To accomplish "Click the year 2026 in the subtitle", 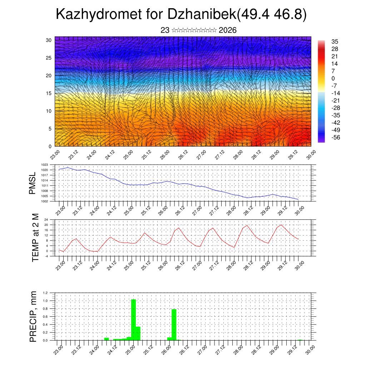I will [227, 30].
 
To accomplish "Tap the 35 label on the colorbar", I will [335, 42].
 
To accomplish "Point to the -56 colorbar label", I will [336, 137].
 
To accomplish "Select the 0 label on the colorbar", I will [333, 78].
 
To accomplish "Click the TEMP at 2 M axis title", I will [35, 238].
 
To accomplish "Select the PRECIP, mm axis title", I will [33, 317].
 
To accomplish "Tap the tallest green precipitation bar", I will [134, 320].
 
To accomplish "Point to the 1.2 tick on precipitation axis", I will [45, 293].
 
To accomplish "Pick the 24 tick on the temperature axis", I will [46, 220].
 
